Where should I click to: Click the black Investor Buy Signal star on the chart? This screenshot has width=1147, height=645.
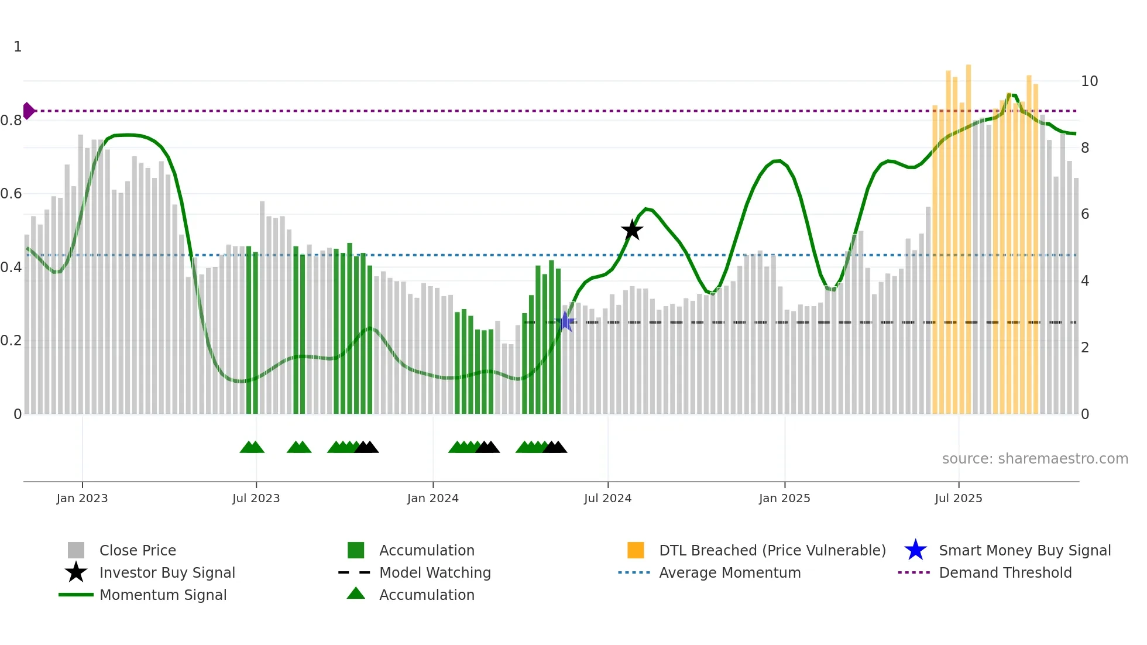[x=632, y=230]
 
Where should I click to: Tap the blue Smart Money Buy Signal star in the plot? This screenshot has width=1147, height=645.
[x=566, y=321]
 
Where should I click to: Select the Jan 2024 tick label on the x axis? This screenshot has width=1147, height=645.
[x=432, y=498]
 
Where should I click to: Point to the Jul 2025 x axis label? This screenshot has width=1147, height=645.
[x=958, y=498]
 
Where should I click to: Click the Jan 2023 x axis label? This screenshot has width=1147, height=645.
[x=82, y=498]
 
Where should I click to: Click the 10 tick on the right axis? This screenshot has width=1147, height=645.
[x=1089, y=81]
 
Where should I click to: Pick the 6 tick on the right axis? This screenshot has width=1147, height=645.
[x=1085, y=214]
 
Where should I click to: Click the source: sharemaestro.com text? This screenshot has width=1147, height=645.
[x=1035, y=458]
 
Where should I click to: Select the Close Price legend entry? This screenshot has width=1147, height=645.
[x=138, y=550]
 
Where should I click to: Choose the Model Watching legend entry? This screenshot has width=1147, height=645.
[x=435, y=572]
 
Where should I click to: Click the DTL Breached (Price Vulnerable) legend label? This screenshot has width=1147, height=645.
[x=772, y=550]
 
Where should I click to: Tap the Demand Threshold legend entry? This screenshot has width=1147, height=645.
[x=1005, y=572]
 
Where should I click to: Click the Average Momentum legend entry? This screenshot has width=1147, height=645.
[x=730, y=572]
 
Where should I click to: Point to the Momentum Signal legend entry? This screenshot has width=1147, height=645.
[x=163, y=595]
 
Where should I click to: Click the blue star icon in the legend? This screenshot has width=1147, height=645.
[x=915, y=550]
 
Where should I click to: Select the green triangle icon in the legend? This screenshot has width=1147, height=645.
[x=356, y=593]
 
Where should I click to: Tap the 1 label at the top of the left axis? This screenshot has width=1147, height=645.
[x=18, y=47]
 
